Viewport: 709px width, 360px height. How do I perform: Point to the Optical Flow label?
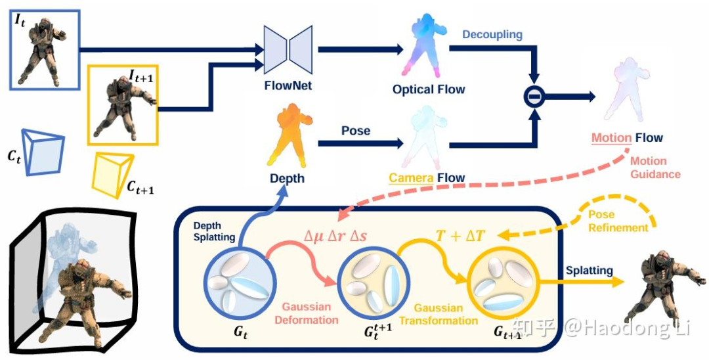click(429, 89)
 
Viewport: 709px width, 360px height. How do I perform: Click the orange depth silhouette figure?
click(288, 138)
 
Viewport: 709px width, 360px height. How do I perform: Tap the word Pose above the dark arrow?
click(355, 131)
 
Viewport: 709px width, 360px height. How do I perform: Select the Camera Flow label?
click(427, 177)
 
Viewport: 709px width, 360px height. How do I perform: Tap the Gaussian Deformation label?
click(310, 313)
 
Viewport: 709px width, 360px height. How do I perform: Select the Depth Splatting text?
click(214, 231)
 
